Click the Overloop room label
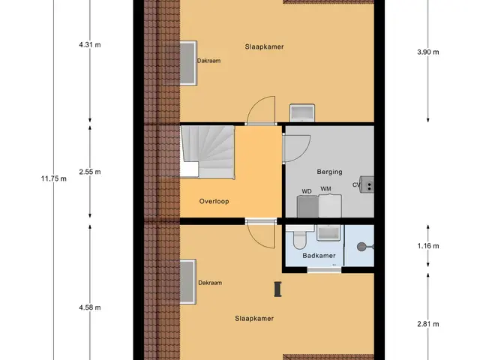[214, 202]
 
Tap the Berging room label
[329, 172]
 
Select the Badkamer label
[319, 256]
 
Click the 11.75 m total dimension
[53, 178]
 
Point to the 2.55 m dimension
[90, 172]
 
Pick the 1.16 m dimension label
[428, 246]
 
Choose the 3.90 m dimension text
[428, 52]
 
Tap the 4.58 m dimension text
[90, 307]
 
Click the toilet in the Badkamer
[299, 238]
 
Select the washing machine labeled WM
[330, 205]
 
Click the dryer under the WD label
[308, 206]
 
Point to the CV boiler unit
[367, 184]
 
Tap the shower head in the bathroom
[361, 247]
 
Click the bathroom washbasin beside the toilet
[328, 233]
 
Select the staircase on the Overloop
[208, 151]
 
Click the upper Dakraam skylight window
[187, 63]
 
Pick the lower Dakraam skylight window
[187, 282]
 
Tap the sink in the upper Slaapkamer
[302, 113]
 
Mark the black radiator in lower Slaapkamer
[277, 289]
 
